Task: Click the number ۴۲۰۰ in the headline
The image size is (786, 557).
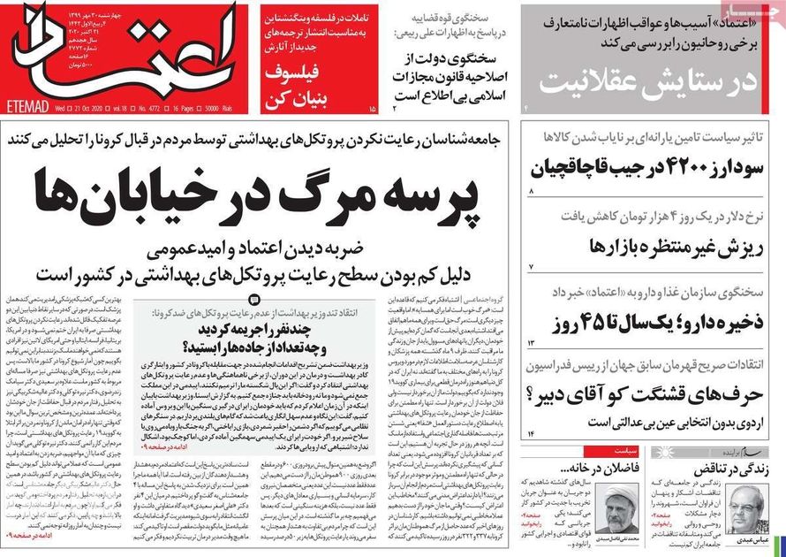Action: pos(692,166)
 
